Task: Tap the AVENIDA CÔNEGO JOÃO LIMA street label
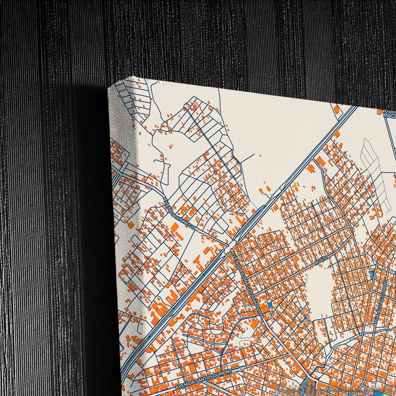point(247,285)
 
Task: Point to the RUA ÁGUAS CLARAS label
point(382,302)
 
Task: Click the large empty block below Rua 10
point(319,285)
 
